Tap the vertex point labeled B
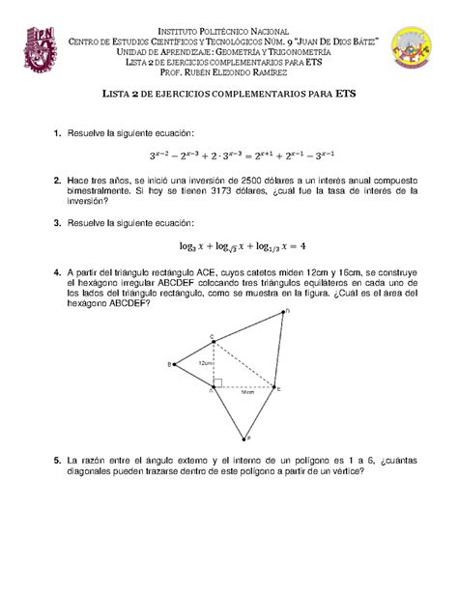coord(175,364)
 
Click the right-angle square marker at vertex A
coord(218,382)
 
